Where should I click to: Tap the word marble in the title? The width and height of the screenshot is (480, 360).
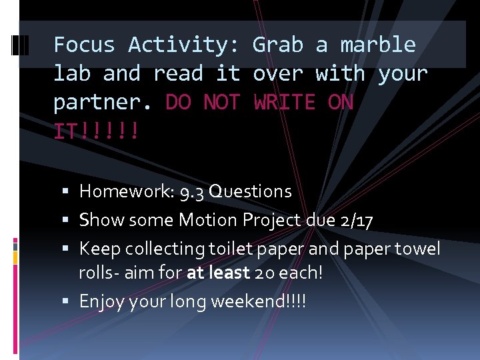378,45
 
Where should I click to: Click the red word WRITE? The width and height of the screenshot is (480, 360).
284,102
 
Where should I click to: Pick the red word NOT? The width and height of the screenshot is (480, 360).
222,102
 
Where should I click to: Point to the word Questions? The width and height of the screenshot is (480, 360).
250,191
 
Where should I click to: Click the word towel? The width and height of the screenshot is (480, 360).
418,249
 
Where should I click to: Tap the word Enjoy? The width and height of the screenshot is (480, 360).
97,302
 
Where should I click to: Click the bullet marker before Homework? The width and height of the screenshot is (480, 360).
70,192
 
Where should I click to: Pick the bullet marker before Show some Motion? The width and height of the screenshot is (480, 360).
70,221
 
